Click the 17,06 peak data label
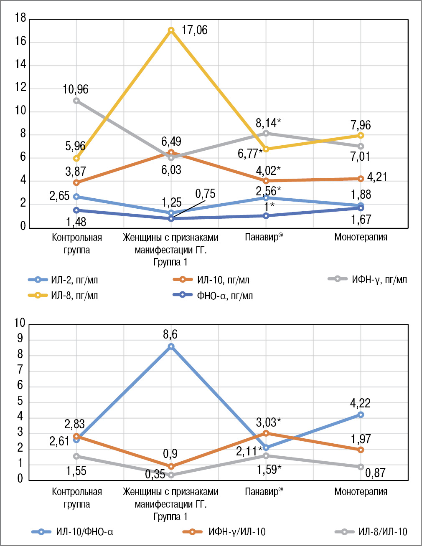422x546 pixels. [194, 30]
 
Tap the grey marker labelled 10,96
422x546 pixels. [76, 101]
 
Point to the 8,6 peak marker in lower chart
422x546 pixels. [171, 346]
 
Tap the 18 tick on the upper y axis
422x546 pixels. [20, 18]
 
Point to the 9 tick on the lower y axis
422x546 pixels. [20, 339]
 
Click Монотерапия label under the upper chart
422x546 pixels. [361, 237]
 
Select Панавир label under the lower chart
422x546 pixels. [264, 492]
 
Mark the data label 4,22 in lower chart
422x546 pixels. [360, 404]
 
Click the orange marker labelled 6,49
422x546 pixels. [171, 152]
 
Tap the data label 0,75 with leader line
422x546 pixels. [205, 194]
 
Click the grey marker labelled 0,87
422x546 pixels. [361, 467]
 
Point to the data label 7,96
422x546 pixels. [361, 125]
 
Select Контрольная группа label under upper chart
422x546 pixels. [77, 243]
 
